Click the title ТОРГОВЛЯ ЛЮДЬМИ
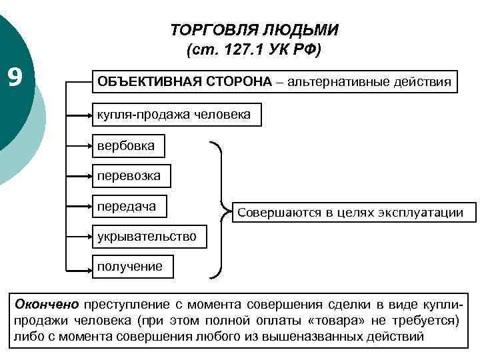tap(255, 31)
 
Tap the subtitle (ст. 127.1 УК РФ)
tap(255, 49)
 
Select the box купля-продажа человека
tap(174, 115)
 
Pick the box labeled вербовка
tap(126, 145)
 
